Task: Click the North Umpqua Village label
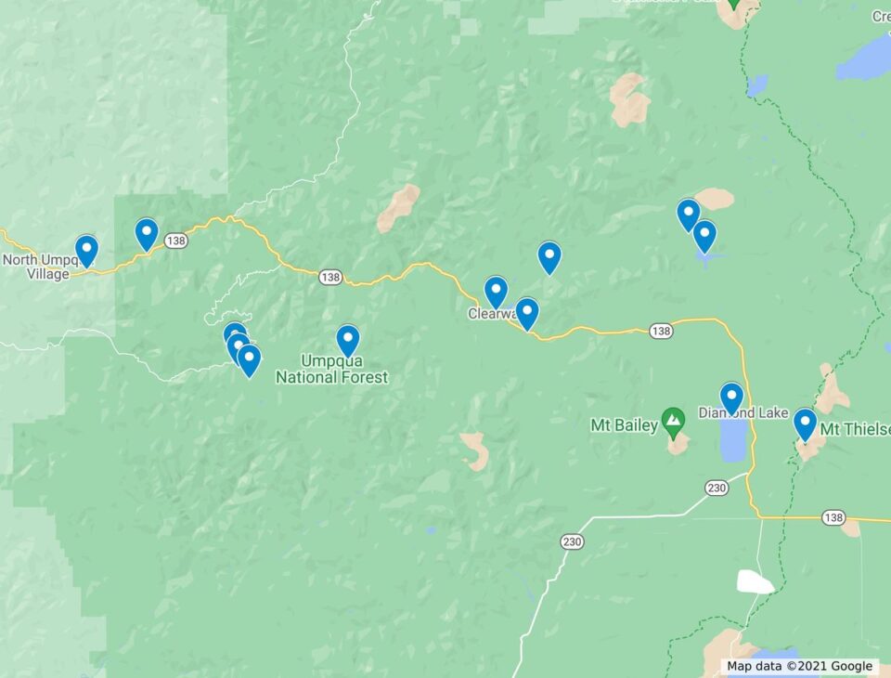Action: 37,267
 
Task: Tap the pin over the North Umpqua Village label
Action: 86,250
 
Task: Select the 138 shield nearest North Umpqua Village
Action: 176,241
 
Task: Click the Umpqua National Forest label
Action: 331,370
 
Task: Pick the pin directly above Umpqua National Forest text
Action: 348,340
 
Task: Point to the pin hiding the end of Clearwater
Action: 526,313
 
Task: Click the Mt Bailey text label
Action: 624,426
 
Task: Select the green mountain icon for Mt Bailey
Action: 673,420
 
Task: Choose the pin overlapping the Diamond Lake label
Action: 731,398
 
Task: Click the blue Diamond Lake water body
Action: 733,442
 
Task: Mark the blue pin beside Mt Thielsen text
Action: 805,424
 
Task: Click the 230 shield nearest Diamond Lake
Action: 716,488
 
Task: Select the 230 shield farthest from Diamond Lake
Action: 572,541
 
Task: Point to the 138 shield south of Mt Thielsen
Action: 833,517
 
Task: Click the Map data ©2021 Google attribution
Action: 799,666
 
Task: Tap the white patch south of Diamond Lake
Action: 755,581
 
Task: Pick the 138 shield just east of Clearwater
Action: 660,331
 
